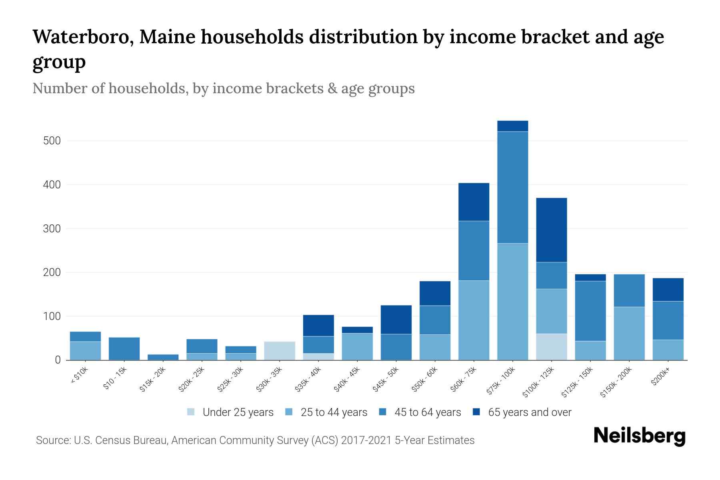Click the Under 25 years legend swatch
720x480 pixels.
pos(191,412)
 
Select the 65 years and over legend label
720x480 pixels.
pos(530,412)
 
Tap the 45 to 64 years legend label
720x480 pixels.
pos(428,412)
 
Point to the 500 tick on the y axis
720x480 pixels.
pos(52,141)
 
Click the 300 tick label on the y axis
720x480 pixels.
pos(52,229)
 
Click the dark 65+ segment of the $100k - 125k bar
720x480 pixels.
pos(552,230)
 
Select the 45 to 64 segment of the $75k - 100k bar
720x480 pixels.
pos(513,187)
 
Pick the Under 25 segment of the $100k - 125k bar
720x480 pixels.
pos(552,346)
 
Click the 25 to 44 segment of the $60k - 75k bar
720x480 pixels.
pos(474,320)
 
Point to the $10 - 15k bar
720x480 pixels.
pos(124,348)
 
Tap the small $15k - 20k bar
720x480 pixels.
pos(163,357)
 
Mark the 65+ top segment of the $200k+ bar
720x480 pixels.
pos(668,290)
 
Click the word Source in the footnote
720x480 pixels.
pos(53,440)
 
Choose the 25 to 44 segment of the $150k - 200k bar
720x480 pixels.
pos(629,333)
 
